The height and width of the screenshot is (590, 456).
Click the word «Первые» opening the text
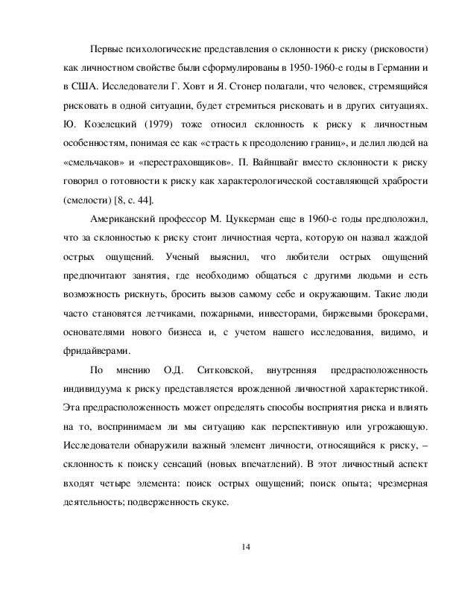click(x=106, y=49)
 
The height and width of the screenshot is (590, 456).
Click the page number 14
click(x=247, y=548)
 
